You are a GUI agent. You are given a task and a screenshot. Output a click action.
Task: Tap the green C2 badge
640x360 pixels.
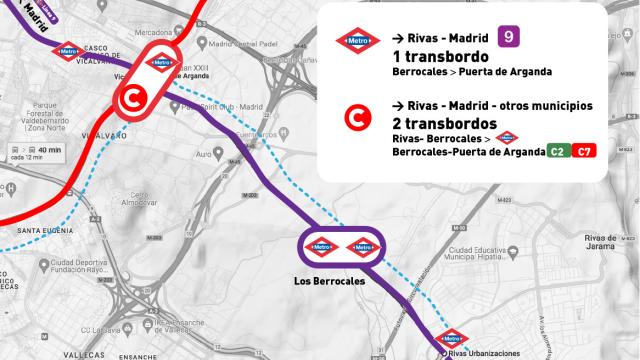tap(557, 151)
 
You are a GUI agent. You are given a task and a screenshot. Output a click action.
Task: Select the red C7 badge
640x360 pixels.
tap(584, 151)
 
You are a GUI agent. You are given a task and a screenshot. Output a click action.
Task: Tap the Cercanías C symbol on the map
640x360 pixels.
tap(130, 98)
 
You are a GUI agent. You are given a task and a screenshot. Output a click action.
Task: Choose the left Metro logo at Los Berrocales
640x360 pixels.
tap(322, 245)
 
